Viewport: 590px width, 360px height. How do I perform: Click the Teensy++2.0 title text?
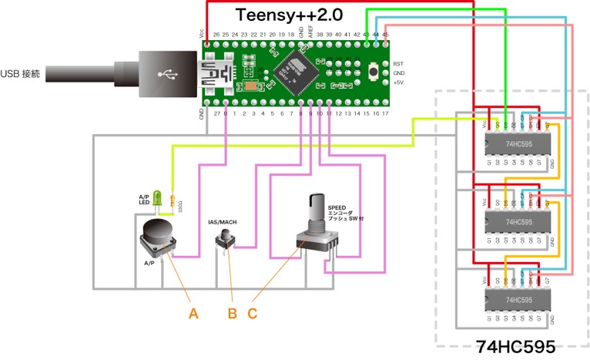(289, 15)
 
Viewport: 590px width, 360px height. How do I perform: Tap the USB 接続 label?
(26, 73)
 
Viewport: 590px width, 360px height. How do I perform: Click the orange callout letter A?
(194, 313)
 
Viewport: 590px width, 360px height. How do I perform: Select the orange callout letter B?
(232, 313)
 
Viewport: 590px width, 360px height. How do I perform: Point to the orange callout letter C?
(253, 313)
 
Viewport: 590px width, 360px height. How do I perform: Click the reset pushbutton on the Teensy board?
(374, 73)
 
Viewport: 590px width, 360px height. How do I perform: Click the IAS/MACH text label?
(223, 222)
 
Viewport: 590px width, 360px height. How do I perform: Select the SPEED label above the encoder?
(337, 208)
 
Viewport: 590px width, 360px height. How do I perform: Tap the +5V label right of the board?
(398, 82)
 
